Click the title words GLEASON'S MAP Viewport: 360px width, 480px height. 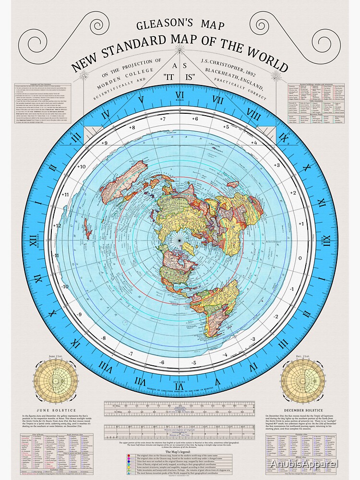[180, 24]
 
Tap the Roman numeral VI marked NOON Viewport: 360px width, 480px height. [180, 95]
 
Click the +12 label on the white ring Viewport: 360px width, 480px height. [58, 225]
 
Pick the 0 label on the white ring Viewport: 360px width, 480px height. [300, 257]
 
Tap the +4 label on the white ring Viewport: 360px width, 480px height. [254, 143]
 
